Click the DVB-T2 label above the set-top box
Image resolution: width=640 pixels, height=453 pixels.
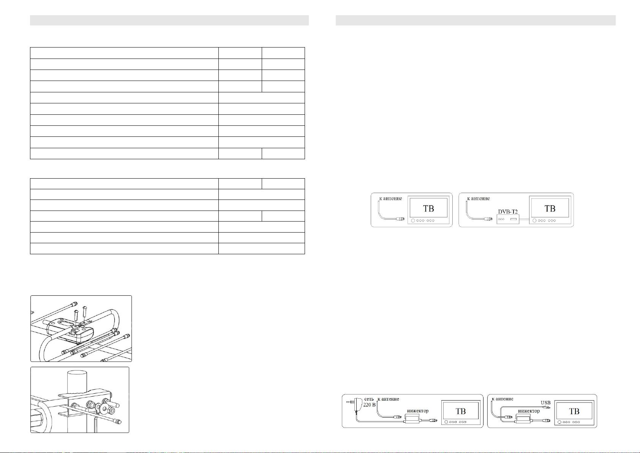(x=508, y=212)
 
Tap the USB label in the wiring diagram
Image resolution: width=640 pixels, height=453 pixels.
(x=545, y=403)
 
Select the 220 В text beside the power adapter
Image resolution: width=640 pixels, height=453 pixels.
(x=369, y=405)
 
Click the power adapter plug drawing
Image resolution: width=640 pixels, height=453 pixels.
(x=353, y=404)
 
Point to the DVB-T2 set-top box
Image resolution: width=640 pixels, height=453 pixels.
(x=508, y=219)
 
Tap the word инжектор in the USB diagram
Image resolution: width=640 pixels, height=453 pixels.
(x=529, y=411)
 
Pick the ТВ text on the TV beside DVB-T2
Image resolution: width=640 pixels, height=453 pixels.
(x=550, y=209)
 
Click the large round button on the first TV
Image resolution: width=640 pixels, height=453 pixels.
(x=413, y=221)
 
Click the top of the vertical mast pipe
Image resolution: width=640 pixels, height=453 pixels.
(x=77, y=373)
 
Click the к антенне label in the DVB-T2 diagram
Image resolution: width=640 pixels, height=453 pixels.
(x=478, y=198)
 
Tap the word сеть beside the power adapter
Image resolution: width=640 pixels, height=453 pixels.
(x=369, y=399)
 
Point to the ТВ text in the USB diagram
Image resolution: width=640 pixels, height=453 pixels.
(x=574, y=411)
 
